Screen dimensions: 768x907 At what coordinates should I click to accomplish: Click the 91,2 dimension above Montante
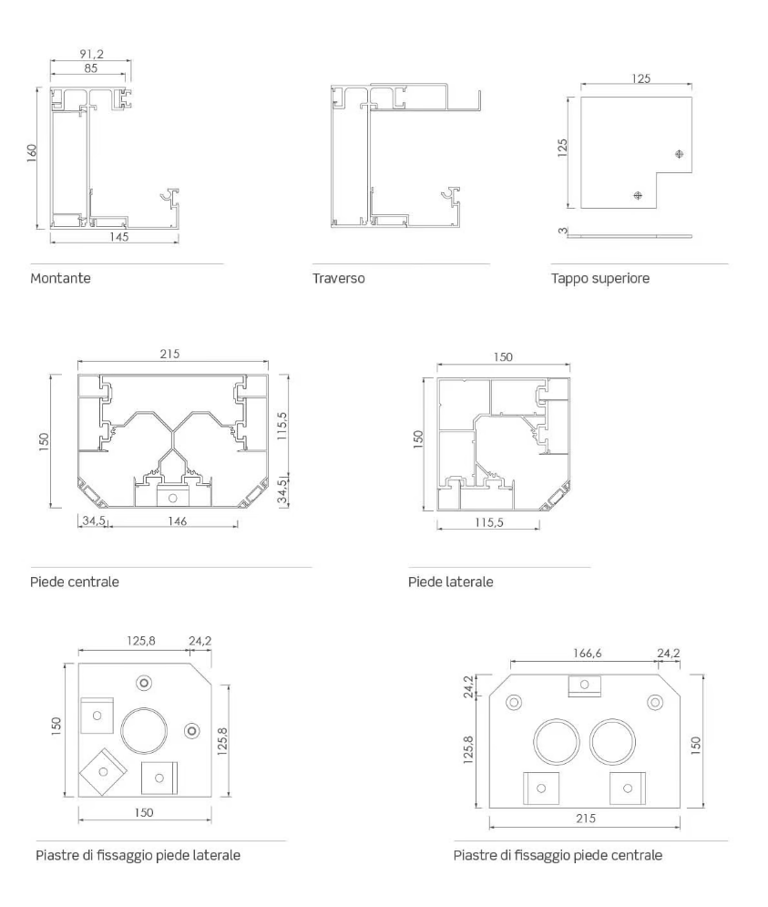pos(91,54)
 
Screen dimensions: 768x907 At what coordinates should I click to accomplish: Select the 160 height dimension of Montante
pos(32,153)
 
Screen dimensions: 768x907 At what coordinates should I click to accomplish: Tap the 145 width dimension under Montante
pos(119,237)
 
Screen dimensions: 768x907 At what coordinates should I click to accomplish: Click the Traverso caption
pos(338,278)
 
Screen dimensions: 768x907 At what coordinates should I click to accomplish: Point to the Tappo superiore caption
pos(599,278)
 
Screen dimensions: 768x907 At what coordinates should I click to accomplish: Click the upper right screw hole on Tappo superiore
pos(680,154)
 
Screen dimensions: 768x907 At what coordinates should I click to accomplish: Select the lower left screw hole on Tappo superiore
pos(638,195)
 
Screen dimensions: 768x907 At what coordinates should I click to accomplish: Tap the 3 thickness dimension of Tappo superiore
pos(562,231)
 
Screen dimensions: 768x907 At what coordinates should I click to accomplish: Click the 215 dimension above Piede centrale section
pos(169,354)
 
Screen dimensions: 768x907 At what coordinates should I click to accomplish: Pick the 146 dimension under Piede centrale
pos(177,521)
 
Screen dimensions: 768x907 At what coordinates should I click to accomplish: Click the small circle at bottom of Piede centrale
pos(172,498)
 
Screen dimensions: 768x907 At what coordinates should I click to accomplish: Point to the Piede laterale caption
pos(451,582)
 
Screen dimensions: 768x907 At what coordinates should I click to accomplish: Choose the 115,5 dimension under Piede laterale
pos(488,522)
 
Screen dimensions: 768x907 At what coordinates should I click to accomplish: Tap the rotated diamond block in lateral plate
pos(103,772)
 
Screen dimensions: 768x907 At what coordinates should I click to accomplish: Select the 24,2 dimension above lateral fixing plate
pos(200,641)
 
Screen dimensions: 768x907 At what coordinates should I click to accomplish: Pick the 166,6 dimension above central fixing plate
pos(587,653)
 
